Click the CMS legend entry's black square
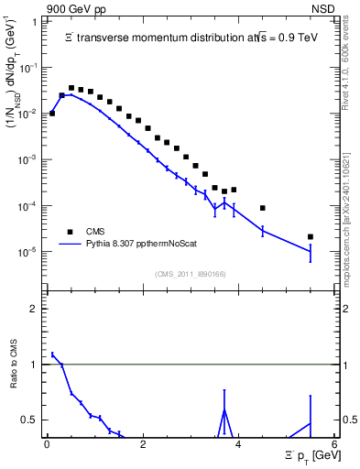68,232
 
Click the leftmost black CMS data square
52,114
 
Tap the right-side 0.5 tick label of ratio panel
350,420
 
